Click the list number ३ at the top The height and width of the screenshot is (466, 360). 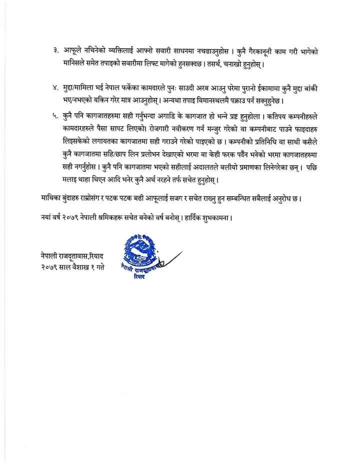click(54, 51)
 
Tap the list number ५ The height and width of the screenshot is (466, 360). click(54, 116)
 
